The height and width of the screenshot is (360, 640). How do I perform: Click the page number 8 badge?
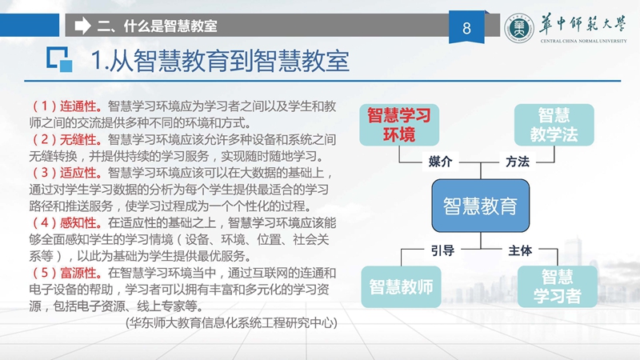[x=466, y=27]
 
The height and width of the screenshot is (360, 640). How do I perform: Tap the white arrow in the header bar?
[x=83, y=26]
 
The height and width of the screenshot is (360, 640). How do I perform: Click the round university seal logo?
[x=518, y=29]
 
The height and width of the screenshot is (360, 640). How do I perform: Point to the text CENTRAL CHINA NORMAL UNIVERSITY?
[x=583, y=41]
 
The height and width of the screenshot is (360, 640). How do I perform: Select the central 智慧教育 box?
[x=481, y=206]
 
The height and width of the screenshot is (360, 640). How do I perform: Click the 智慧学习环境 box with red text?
[x=398, y=125]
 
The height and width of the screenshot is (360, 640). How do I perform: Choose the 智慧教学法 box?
[x=554, y=125]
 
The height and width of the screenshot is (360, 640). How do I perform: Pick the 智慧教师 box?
[x=401, y=287]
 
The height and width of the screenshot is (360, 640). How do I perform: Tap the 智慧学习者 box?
[x=557, y=287]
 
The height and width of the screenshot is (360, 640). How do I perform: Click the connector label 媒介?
[x=441, y=162]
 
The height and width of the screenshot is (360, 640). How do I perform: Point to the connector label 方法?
[x=518, y=162]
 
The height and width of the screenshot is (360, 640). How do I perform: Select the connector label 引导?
[x=443, y=250]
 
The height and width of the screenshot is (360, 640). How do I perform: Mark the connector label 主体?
[x=520, y=250]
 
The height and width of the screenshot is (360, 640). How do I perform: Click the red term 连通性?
[x=78, y=106]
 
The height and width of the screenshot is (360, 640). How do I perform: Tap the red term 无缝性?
[x=78, y=139]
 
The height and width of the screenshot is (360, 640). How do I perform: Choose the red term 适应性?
[x=78, y=173]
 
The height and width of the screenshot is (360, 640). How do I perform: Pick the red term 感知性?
[x=78, y=223]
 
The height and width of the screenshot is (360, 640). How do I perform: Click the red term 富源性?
[x=78, y=273]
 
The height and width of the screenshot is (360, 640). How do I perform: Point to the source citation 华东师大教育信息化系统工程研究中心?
[x=231, y=323]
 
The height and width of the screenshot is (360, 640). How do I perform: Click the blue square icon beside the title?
[x=59, y=60]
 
